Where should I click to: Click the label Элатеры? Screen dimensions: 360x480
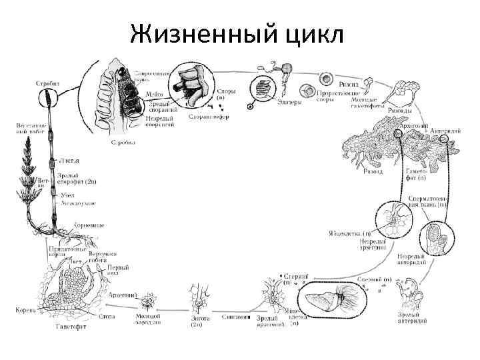tap(289, 103)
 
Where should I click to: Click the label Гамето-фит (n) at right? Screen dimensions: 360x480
tap(420, 175)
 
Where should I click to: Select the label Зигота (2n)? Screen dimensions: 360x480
tap(201, 322)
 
